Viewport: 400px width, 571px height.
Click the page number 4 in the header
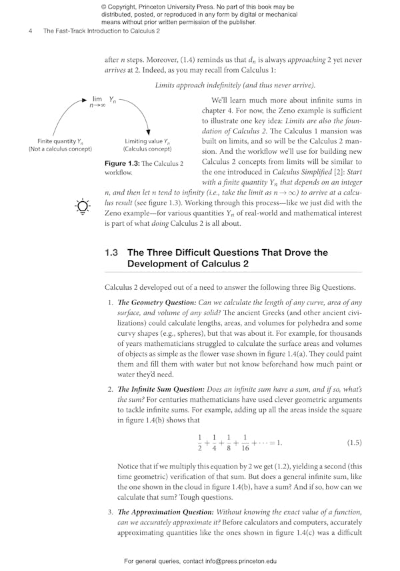(31, 31)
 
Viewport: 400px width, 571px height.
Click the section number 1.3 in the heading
(112, 253)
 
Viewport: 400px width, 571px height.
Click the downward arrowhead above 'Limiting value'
(147, 132)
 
